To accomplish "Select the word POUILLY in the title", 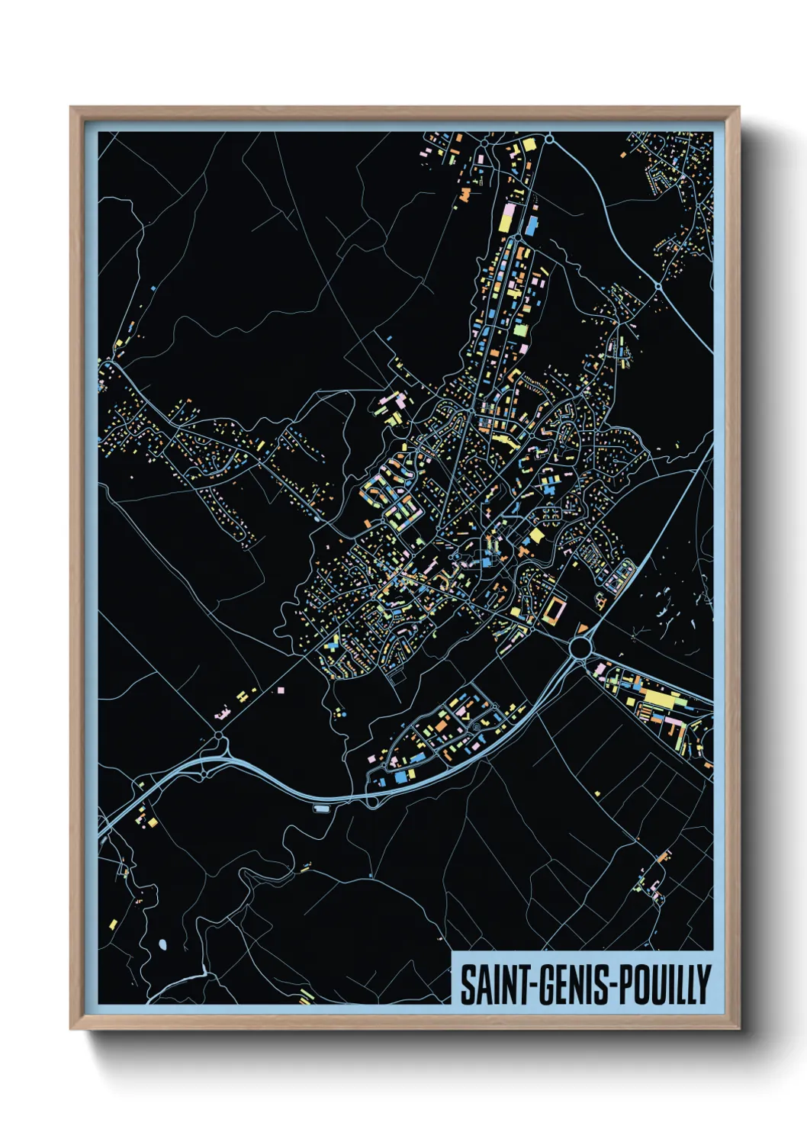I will (x=664, y=985).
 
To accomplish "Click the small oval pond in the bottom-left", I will (x=162, y=945).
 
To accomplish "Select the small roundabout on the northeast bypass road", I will (x=657, y=286).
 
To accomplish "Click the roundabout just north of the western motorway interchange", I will (x=219, y=735).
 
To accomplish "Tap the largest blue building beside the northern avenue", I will (x=530, y=224).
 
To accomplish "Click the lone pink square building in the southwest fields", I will (x=281, y=690).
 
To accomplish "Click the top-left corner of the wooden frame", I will (x=72, y=108).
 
